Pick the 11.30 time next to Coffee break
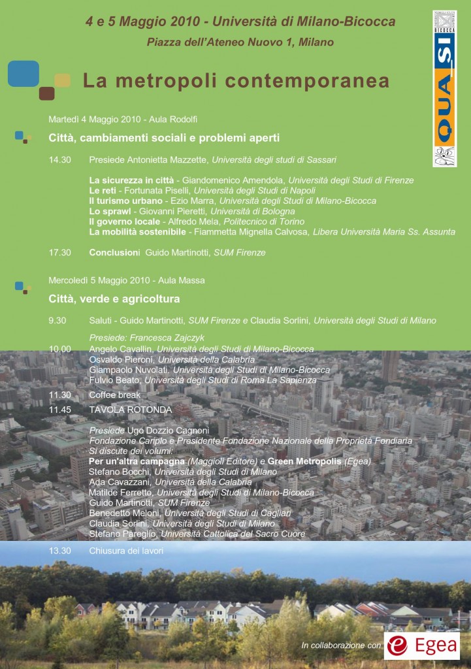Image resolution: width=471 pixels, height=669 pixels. coord(59,395)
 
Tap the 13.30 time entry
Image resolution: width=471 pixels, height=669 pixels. coord(59,551)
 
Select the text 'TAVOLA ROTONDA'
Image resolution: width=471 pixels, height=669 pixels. coord(130,410)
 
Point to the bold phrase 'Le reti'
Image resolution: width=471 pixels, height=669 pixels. coord(103,190)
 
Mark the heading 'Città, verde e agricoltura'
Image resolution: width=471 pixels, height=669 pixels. coord(114,299)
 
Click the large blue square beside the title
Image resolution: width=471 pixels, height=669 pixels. coord(24,74)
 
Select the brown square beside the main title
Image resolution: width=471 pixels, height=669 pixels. coord(46,93)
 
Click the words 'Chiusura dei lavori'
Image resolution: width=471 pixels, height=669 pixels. coord(126,551)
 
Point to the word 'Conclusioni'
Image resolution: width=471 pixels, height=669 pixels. coord(114,252)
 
